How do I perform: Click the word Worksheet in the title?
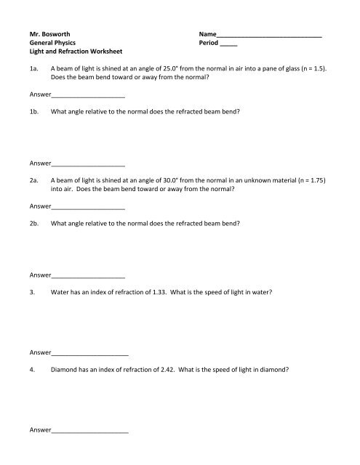pyautogui.click(x=103, y=53)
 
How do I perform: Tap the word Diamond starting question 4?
pyautogui.click(x=65, y=368)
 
